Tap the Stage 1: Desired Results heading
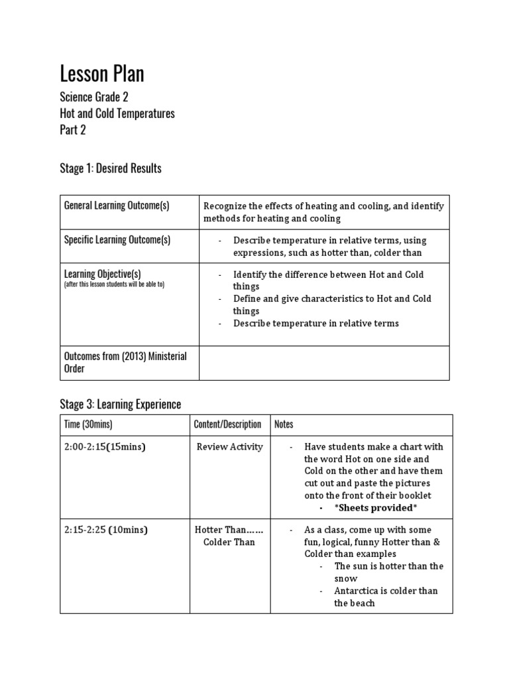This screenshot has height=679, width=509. (111, 168)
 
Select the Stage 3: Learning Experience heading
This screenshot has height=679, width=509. (120, 404)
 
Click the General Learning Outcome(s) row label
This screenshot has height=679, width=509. (117, 206)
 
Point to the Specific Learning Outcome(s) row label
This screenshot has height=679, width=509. (117, 240)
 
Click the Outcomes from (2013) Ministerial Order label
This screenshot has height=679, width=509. (125, 362)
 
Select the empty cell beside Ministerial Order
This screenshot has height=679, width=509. (324, 363)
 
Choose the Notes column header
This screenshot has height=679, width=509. (284, 424)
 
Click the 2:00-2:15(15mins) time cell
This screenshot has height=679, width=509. (105, 447)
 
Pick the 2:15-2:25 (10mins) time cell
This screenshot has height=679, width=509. (106, 530)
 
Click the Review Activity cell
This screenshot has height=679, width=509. (229, 447)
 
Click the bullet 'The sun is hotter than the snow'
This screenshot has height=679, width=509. (388, 572)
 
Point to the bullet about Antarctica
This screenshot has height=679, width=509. (386, 597)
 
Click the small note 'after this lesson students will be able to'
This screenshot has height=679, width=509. (114, 284)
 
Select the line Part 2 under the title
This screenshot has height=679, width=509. (73, 130)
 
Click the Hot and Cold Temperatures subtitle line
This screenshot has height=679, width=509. (117, 113)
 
